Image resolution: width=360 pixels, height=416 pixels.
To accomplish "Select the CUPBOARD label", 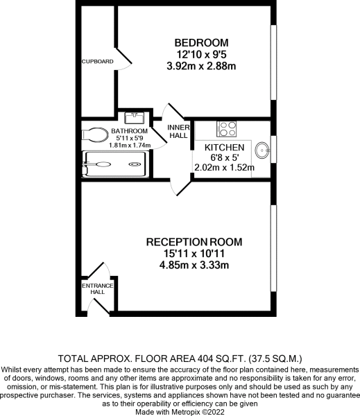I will [x=97, y=61].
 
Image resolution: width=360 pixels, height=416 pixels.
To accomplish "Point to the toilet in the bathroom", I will [x=93, y=132].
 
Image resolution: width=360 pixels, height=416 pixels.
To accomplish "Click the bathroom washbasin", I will [x=134, y=119].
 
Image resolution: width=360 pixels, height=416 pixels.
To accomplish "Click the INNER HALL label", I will [x=178, y=132].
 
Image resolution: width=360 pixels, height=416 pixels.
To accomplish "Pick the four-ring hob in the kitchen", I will [x=227, y=128].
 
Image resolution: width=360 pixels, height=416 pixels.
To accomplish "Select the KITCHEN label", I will [x=223, y=148].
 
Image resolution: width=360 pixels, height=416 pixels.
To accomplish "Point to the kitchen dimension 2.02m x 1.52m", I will [x=223, y=167].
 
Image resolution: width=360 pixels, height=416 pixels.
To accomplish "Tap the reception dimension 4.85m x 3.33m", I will [x=194, y=266].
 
